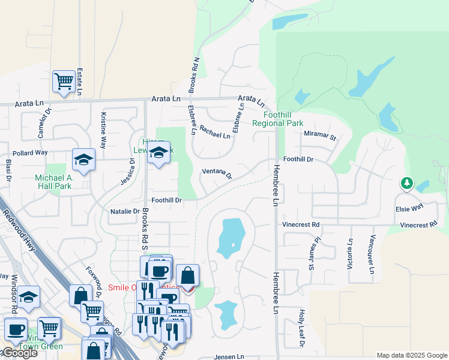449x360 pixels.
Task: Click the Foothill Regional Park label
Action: point(277,118)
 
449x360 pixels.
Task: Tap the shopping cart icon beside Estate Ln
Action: point(64,81)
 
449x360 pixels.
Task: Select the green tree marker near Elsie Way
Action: point(407,182)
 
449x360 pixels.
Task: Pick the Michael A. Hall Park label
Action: point(62,182)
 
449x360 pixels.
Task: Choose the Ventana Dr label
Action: point(217,173)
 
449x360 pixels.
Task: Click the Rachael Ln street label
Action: point(215,131)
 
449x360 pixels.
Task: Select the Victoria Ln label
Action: point(350,254)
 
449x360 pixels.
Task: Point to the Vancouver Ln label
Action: point(372,254)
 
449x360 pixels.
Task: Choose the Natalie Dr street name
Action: point(125,211)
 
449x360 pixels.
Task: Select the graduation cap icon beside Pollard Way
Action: point(84,160)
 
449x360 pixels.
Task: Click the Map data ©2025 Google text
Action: point(411,355)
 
